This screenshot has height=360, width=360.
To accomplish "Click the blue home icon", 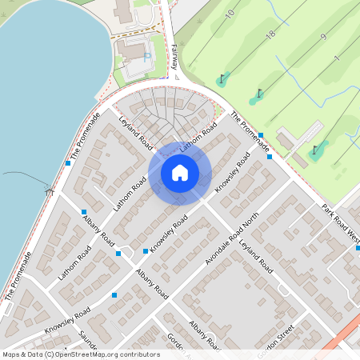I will click(x=180, y=173).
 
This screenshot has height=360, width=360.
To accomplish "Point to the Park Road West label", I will click(x=342, y=218).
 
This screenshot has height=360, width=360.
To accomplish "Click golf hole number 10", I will click(x=230, y=13).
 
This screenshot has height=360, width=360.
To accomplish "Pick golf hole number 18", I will click(x=270, y=34).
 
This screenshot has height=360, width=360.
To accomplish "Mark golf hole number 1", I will click(x=338, y=59).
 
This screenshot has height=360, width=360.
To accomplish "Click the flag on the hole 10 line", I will click(x=222, y=78).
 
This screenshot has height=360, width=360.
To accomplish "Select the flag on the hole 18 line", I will click(x=258, y=94).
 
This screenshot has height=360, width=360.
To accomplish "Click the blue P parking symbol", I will click(x=146, y=56).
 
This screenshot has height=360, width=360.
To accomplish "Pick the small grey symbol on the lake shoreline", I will click(x=50, y=191).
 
